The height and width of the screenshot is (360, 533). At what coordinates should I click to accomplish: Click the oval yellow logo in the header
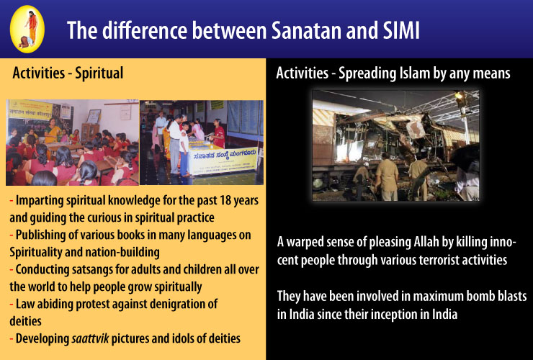point(27,30)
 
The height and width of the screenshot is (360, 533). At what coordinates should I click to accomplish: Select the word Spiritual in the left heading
point(99,73)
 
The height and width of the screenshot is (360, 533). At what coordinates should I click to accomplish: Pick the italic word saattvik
point(91,338)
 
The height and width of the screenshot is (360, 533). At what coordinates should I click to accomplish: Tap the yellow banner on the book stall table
point(223,161)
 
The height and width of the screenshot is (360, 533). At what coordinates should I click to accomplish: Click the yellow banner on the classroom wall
point(30,109)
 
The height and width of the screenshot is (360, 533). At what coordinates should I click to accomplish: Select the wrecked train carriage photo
point(395,145)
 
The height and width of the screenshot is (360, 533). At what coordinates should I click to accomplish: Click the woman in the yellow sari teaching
point(53,131)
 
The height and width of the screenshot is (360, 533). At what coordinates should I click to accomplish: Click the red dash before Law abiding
point(12,304)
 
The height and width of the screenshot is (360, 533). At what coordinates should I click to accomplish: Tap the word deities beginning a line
point(25,321)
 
